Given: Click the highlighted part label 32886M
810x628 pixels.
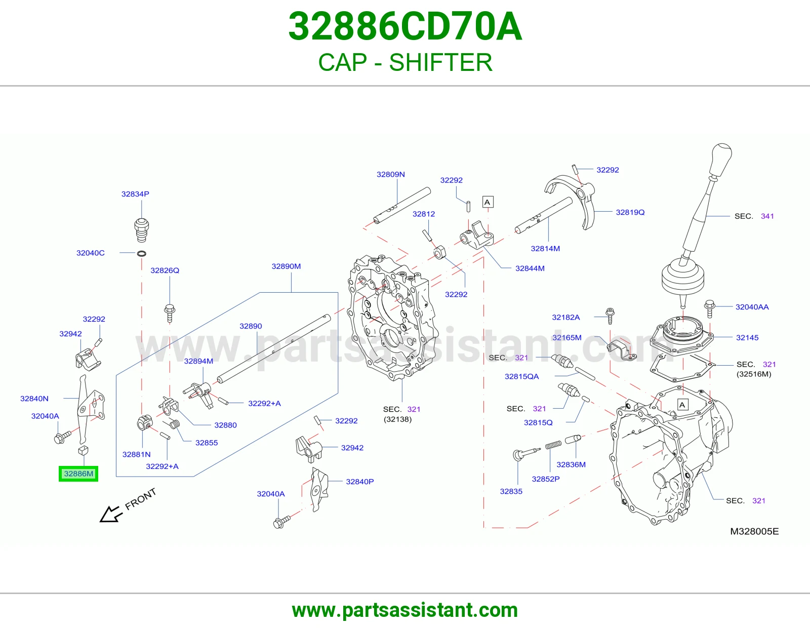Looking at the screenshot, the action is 78,474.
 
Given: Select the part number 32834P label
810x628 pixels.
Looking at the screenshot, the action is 135,194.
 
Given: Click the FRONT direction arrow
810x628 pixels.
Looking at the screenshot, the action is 111,514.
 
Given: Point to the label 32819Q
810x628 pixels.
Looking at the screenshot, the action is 630,212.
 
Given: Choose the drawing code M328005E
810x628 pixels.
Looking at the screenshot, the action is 754,531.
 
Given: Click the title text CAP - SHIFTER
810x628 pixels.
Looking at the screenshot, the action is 405,62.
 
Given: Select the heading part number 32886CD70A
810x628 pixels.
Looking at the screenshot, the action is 405,27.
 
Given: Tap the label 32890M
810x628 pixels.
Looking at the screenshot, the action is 286,266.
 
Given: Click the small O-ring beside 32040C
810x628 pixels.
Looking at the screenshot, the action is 142,254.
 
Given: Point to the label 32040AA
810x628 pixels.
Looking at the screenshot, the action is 752,307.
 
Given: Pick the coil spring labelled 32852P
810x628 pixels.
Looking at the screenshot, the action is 553,445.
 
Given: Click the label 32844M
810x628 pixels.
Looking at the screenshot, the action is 530,268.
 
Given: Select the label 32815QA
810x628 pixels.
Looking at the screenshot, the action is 521,376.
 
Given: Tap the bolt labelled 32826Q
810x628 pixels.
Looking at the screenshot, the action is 170,313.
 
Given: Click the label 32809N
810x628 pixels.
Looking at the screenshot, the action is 390,174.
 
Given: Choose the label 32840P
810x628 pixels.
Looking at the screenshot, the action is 360,482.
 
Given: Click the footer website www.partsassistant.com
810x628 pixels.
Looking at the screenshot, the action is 405,610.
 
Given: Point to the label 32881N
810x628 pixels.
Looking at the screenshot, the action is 136,454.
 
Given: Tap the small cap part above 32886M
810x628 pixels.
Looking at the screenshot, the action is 83,450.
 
